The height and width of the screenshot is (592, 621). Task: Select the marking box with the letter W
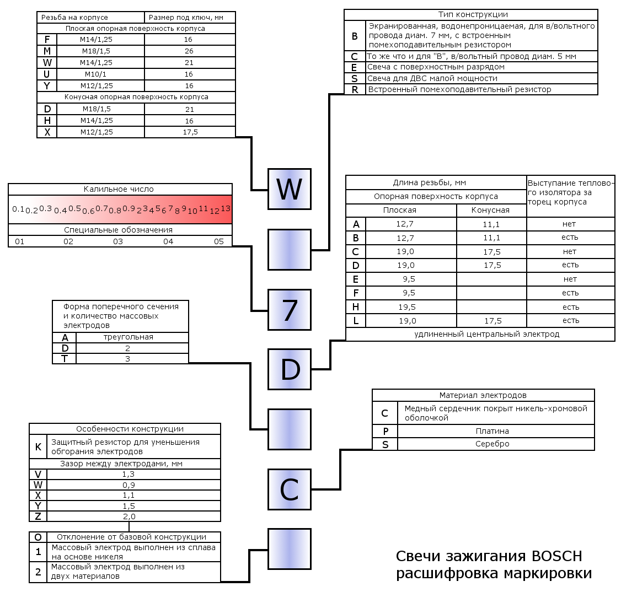290,189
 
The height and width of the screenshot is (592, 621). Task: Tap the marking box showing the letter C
290,489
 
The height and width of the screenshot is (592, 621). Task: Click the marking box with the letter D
290,369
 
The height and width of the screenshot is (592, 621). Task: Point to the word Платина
492,431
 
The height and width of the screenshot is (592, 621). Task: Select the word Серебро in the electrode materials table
492,444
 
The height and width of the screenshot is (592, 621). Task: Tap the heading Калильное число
119,189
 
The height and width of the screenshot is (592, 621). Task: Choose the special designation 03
118,241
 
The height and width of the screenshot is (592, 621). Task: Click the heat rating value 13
225,209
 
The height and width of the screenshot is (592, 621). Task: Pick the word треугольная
129,337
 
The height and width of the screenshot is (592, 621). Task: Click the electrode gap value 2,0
129,516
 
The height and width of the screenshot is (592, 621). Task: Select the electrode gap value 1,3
129,474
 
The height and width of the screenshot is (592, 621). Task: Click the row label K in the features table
38,447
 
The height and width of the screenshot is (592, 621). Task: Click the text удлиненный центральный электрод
487,334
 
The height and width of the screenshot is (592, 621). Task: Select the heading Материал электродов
483,395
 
